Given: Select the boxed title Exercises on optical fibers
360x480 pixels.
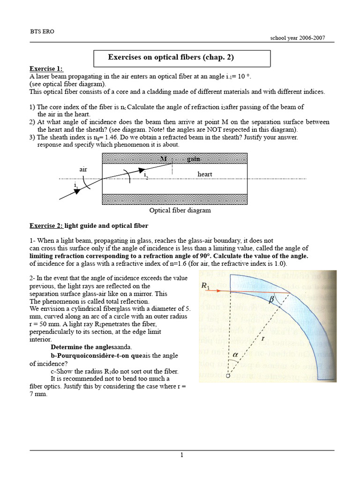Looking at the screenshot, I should tap(171, 58).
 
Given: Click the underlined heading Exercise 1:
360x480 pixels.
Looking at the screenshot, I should tap(46, 69).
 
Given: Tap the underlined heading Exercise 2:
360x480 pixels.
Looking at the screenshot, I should tap(46, 225).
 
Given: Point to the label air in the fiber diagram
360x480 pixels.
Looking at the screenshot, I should tap(83, 169).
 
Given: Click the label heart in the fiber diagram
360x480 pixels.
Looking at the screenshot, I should tap(205, 174).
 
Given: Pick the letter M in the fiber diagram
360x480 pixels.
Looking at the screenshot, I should tap(164, 159).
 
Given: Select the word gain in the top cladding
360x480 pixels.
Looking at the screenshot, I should tap(193, 159).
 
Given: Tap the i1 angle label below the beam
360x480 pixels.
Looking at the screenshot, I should tap(75, 186).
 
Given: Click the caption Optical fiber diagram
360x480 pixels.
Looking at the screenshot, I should tap(180, 210).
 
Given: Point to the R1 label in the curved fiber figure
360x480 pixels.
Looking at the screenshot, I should tap(206, 285).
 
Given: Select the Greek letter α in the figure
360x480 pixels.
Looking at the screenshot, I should tap(235, 355).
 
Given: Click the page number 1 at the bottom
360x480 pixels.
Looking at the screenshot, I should tap(181, 455).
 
